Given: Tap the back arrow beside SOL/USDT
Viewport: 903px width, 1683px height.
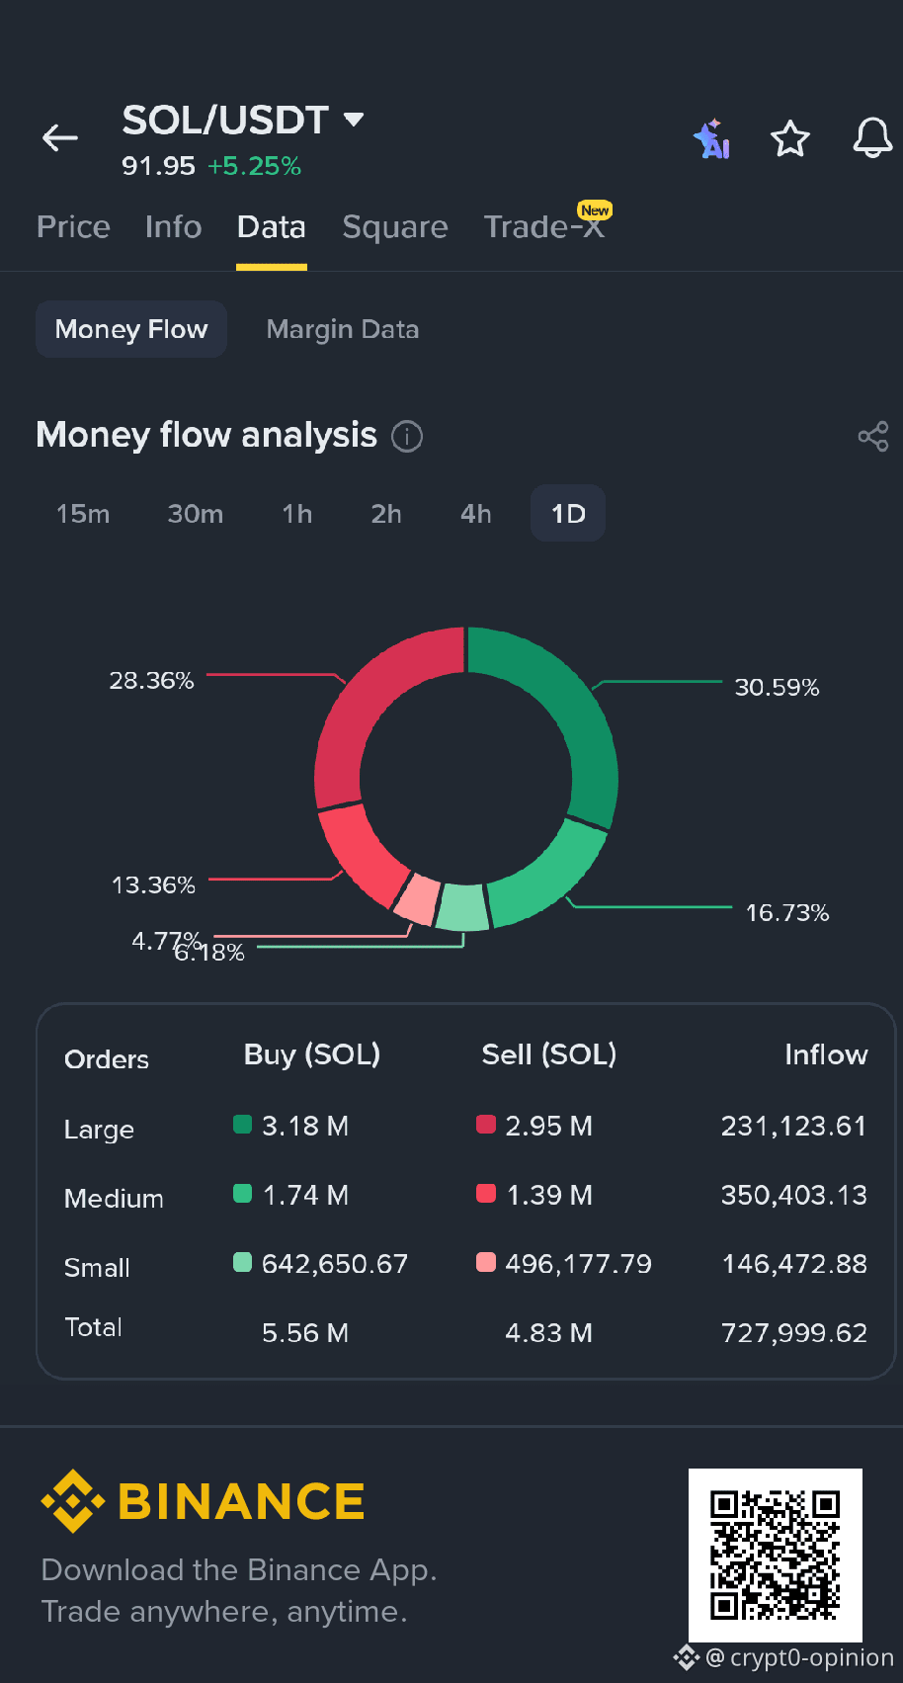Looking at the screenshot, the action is (x=60, y=137).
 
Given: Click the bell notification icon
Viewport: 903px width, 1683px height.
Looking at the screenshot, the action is (x=872, y=137).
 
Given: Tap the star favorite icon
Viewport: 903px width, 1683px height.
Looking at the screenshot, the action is (x=790, y=138).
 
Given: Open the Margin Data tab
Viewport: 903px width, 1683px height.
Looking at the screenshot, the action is (x=343, y=329).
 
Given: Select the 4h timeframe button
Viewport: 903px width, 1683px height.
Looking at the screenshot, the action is (x=475, y=514).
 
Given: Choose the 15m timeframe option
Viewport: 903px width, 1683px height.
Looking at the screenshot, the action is (x=83, y=514).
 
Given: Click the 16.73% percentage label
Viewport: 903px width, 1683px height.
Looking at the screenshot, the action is (x=787, y=913).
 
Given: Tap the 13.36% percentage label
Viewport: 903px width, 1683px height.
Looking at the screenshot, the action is (x=153, y=885).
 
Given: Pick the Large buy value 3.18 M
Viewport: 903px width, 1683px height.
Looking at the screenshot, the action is (x=305, y=1126).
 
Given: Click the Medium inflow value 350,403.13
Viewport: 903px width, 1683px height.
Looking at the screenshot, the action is (x=794, y=1195).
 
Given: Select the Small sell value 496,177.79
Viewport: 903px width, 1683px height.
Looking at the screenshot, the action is (x=578, y=1264).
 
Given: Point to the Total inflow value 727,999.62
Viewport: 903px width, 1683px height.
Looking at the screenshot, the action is (x=794, y=1333).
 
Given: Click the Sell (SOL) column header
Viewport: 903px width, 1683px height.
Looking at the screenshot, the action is (x=549, y=1054).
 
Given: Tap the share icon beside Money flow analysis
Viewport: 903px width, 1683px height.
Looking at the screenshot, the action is (x=873, y=437).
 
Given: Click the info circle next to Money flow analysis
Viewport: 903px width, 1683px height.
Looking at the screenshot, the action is (x=407, y=437).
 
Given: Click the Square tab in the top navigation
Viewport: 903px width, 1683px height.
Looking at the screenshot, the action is (x=395, y=227).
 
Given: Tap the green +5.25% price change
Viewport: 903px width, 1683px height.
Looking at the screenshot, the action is (x=254, y=166).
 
